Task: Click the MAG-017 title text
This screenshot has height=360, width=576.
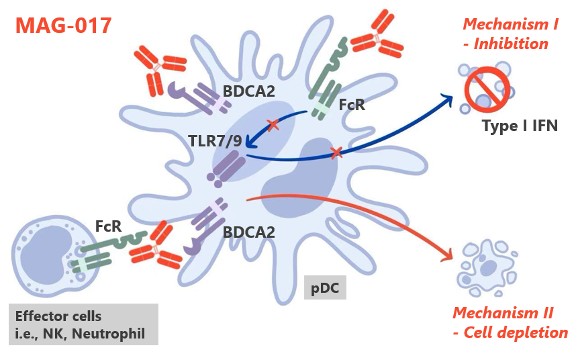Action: pyautogui.click(x=63, y=26)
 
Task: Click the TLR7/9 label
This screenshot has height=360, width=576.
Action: pyautogui.click(x=213, y=140)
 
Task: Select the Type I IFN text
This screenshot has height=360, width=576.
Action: pyautogui.click(x=520, y=124)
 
